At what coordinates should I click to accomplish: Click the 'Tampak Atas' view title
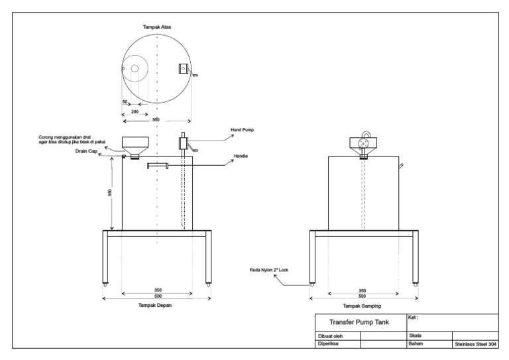(157, 27)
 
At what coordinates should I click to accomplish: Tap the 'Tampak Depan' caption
(156, 305)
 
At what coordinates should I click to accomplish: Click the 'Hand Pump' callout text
(243, 131)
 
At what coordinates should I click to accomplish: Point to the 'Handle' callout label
(241, 157)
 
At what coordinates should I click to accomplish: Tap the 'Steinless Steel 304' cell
(475, 344)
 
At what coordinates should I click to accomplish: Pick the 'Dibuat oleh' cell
(331, 336)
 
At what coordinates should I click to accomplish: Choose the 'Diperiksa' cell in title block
(329, 344)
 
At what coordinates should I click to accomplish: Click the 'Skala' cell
(417, 336)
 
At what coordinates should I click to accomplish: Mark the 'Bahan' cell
(416, 344)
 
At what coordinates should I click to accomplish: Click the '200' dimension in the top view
(135, 113)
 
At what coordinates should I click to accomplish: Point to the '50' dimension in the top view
(124, 101)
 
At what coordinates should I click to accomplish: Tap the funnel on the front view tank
(135, 144)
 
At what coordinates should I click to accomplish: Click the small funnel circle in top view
(135, 69)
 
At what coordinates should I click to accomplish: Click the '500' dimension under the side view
(363, 296)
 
